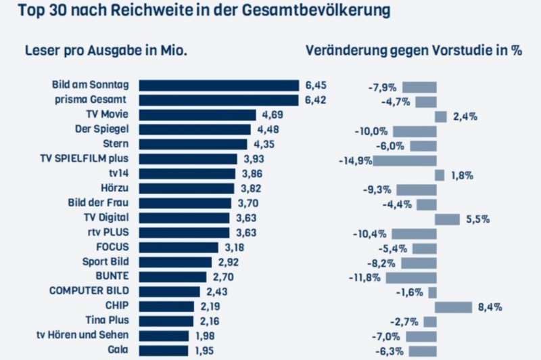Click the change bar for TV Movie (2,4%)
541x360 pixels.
pyautogui.click(x=440, y=116)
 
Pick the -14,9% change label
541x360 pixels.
pyautogui.click(x=354, y=160)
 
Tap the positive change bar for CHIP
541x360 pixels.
pyautogui.click(x=453, y=307)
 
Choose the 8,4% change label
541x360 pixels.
pyautogui.click(x=489, y=307)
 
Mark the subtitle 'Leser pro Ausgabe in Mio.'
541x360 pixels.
pyautogui.click(x=105, y=51)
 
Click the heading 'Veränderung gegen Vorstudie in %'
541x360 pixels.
pyautogui.click(x=414, y=51)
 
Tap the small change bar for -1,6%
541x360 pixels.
pyautogui.click(x=432, y=292)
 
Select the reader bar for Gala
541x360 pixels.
pyautogui.click(x=163, y=351)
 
